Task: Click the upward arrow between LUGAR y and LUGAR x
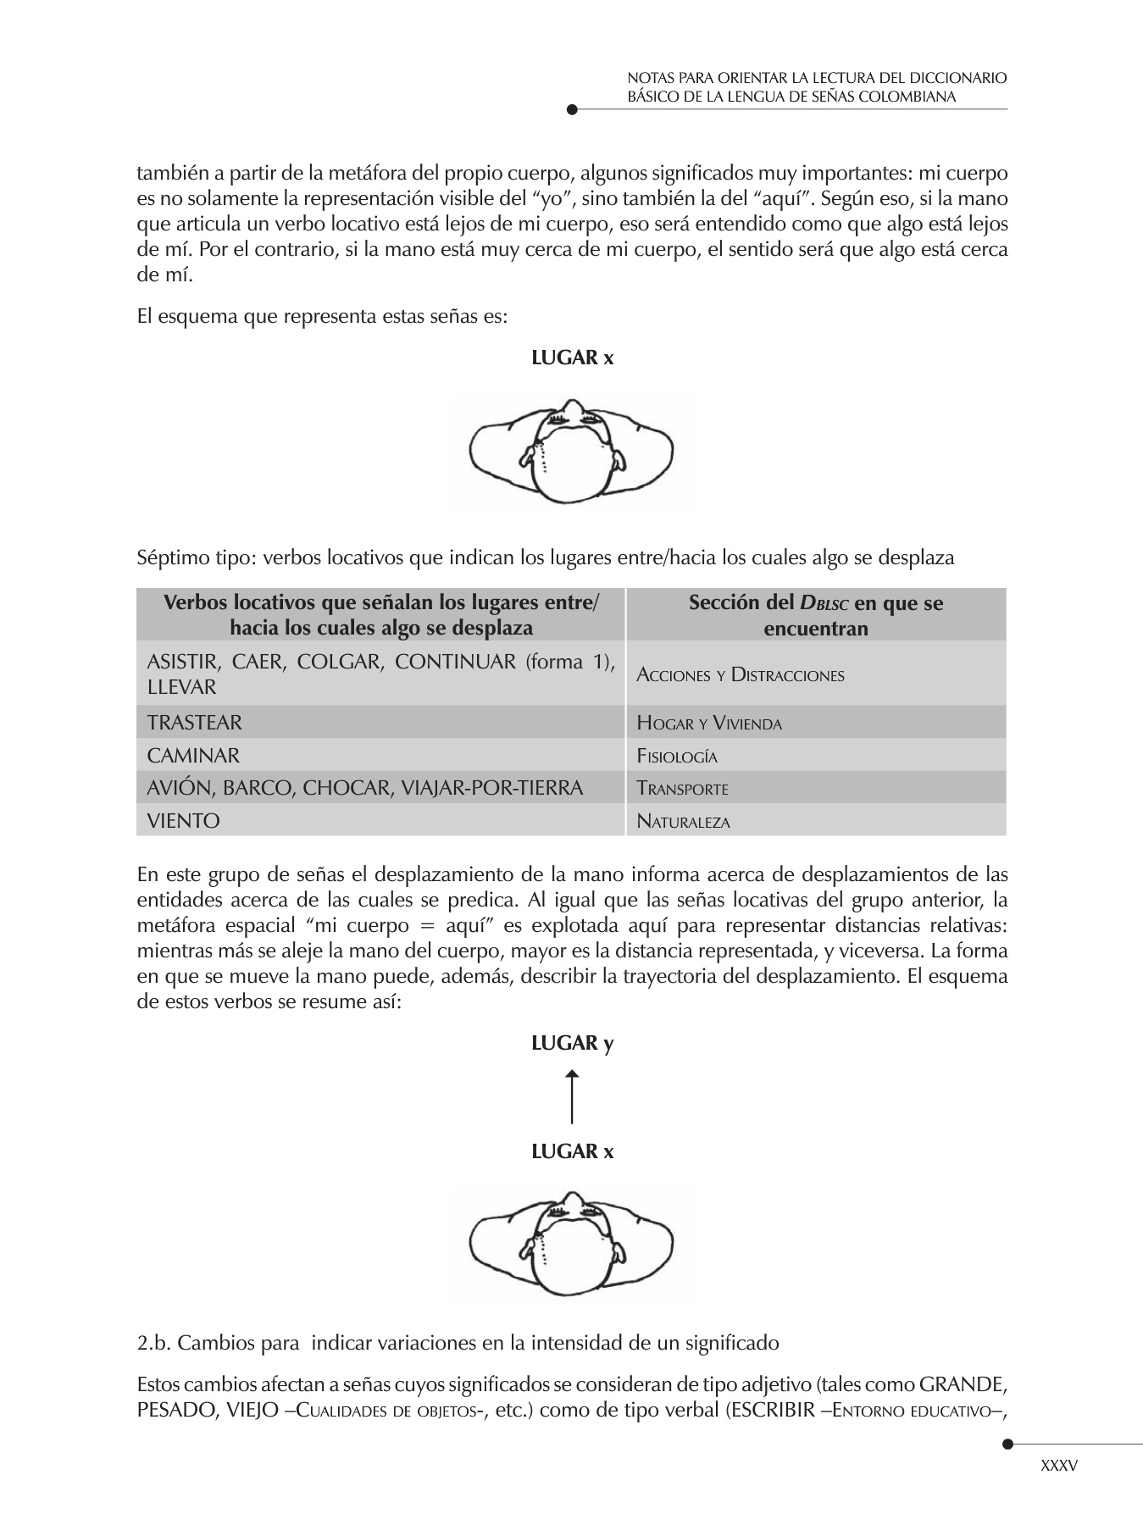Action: [573, 1097]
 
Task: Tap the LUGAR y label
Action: [572, 1043]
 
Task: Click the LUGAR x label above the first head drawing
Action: [572, 358]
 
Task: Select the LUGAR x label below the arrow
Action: [572, 1151]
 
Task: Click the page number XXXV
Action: [1058, 1465]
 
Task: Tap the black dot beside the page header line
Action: [572, 109]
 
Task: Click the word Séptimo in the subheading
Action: [168, 557]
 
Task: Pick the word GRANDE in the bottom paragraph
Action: [963, 1386]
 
